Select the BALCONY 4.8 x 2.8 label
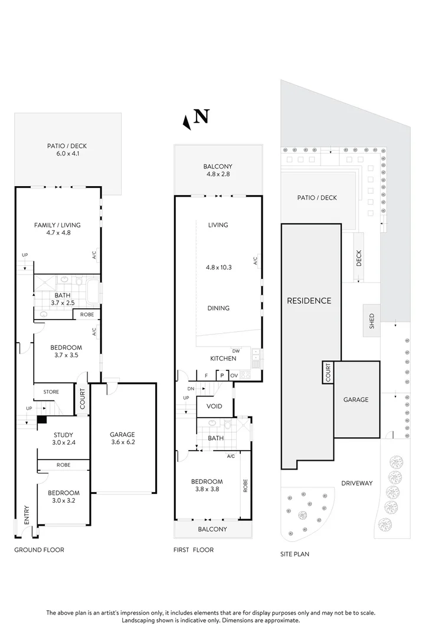coord(218,170)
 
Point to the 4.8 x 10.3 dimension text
coord(218,267)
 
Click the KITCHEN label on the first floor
coord(223,359)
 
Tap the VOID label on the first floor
coord(214,406)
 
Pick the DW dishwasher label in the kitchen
coord(236,350)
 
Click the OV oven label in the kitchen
coord(234,375)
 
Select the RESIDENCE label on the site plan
coord(309,301)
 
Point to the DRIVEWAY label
coord(357,483)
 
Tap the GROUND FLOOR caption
coord(39,550)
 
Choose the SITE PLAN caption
coord(295,554)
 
